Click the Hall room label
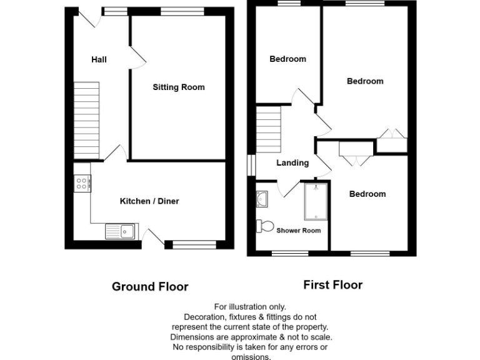(x=99, y=59)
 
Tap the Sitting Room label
(x=179, y=87)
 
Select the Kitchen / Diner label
(x=149, y=201)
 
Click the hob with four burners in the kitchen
(x=82, y=183)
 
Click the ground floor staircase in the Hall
(x=87, y=120)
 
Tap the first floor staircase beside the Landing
(x=269, y=129)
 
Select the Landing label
(x=292, y=163)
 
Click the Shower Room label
(x=299, y=231)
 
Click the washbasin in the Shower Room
(x=261, y=199)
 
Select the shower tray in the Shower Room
(x=316, y=201)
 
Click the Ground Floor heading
(x=150, y=287)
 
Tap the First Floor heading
(x=332, y=285)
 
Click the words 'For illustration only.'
(x=250, y=307)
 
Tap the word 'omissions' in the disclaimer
(x=251, y=356)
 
